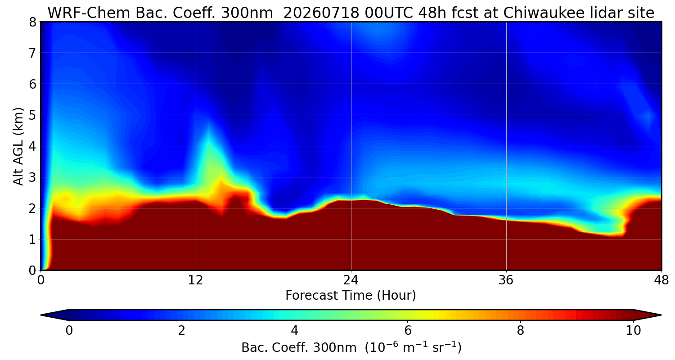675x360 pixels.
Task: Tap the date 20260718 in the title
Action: click(x=321, y=13)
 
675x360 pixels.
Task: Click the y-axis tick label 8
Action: click(x=32, y=22)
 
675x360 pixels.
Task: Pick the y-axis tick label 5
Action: click(x=32, y=115)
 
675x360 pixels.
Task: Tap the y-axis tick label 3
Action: click(x=32, y=177)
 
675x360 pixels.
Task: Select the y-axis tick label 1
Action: click(x=32, y=240)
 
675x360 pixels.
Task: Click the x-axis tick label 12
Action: click(x=196, y=280)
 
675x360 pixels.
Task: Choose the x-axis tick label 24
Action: click(x=351, y=280)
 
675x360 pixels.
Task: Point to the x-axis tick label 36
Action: click(x=506, y=280)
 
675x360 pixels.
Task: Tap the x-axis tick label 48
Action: click(x=661, y=280)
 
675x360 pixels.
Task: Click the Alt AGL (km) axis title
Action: click(x=18, y=146)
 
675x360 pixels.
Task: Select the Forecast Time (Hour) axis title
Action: click(x=351, y=296)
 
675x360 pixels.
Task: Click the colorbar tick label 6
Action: click(x=407, y=331)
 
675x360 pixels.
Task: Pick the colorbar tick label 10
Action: click(x=634, y=331)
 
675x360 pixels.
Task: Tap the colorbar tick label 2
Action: click(x=181, y=331)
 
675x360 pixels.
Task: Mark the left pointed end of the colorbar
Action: click(x=41, y=315)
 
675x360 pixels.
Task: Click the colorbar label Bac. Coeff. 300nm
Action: click(x=299, y=348)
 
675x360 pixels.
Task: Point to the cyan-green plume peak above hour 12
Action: click(x=208, y=126)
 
